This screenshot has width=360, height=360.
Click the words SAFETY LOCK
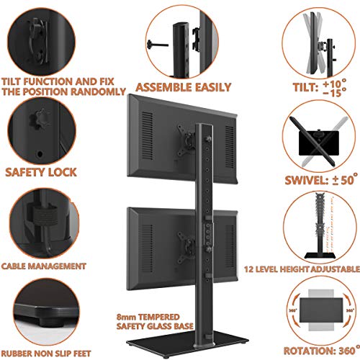[x=41, y=172]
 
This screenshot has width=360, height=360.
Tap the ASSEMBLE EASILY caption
[x=183, y=87]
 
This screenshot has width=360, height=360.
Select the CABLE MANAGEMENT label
[x=43, y=266]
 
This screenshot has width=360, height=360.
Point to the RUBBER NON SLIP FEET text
[x=46, y=354]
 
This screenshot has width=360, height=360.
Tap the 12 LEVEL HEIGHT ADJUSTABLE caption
[x=302, y=269]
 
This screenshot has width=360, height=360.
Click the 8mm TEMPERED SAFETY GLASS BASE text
[x=155, y=322]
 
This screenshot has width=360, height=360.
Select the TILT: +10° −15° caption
[x=320, y=88]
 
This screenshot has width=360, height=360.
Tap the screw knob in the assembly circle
[x=158, y=45]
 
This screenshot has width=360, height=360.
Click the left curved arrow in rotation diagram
[x=294, y=310]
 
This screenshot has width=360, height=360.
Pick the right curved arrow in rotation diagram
[x=348, y=310]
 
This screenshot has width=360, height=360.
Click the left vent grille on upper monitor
[x=148, y=139]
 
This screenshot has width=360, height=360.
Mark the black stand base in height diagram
[x=320, y=255]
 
